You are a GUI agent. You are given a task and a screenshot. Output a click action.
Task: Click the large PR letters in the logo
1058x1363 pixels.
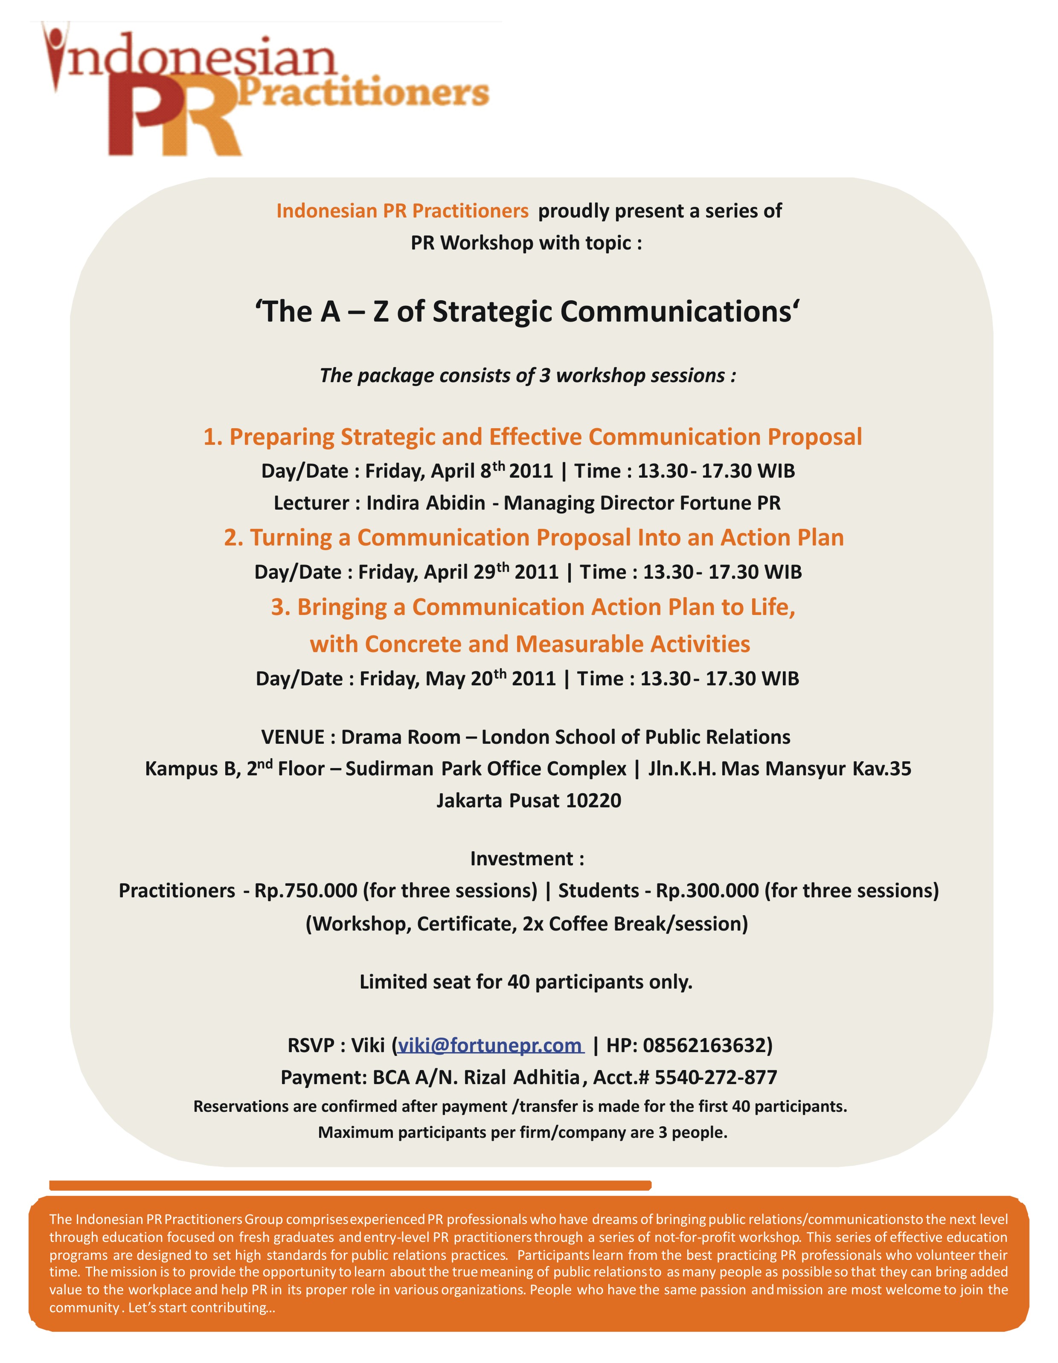(175, 119)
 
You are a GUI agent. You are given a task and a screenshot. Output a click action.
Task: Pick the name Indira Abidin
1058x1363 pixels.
(426, 503)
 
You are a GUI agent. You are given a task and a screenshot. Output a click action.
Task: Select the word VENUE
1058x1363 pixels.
(293, 737)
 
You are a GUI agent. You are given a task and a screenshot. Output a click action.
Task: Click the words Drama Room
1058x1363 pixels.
(401, 737)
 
